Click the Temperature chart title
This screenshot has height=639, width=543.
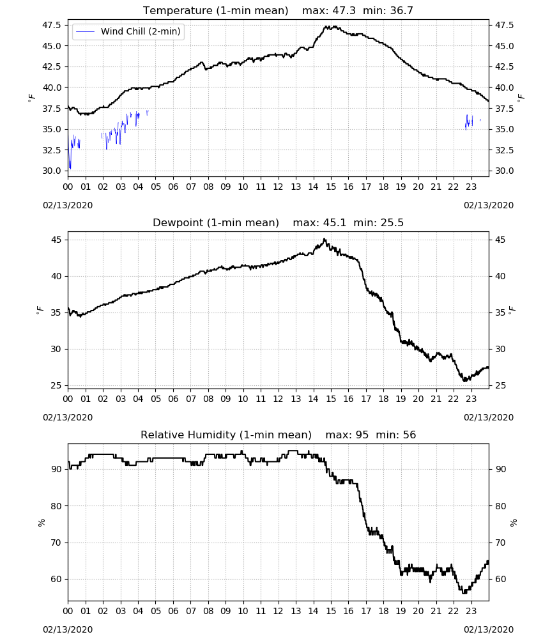pyautogui.click(x=215, y=11)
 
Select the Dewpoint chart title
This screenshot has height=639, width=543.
pyautogui.click(x=216, y=222)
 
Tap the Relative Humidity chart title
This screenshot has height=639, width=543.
pyautogui.click(x=226, y=435)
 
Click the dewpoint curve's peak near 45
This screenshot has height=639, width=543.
pyautogui.click(x=325, y=239)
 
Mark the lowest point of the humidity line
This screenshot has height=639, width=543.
pyautogui.click(x=464, y=592)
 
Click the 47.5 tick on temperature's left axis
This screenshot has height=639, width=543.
pyautogui.click(x=52, y=26)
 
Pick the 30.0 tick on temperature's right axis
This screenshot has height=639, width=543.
pyautogui.click(x=504, y=171)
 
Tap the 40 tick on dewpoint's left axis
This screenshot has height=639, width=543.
pyautogui.click(x=56, y=276)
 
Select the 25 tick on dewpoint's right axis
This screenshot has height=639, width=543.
pyautogui.click(x=500, y=385)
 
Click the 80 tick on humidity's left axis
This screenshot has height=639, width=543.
pyautogui.click(x=56, y=506)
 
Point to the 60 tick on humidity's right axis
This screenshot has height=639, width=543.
pyautogui.click(x=500, y=579)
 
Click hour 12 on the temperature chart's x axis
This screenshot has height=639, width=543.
pyautogui.click(x=279, y=187)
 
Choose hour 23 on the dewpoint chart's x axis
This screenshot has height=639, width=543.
pyautogui.click(x=471, y=399)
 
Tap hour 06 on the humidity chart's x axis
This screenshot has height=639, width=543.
pyautogui.click(x=173, y=612)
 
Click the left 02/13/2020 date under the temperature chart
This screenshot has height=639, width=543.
pyautogui.click(x=68, y=205)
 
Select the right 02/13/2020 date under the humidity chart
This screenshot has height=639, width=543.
pyautogui.click(x=489, y=629)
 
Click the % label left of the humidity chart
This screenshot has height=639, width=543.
pyautogui.click(x=41, y=523)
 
